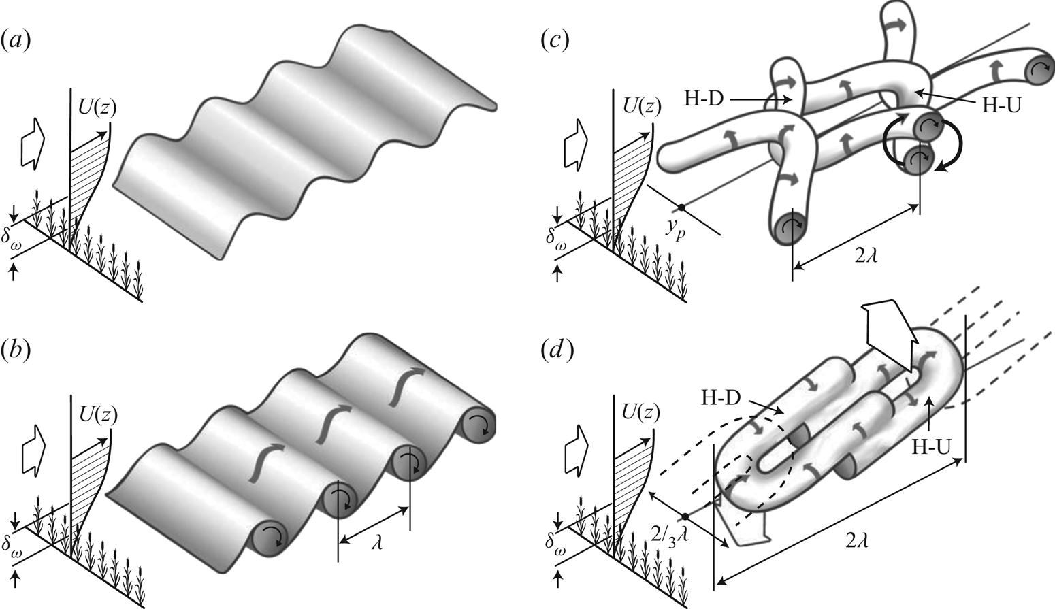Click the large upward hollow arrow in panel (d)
click(x=888, y=327)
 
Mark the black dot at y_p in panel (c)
click(x=681, y=206)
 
